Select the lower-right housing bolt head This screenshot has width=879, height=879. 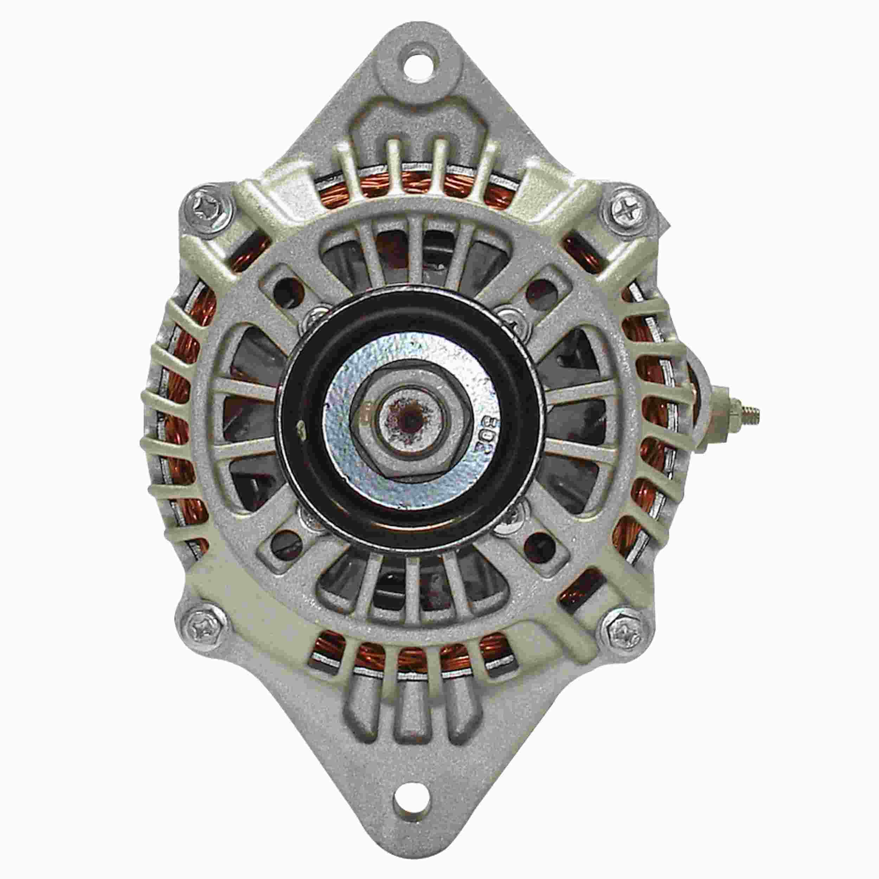(x=623, y=629)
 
